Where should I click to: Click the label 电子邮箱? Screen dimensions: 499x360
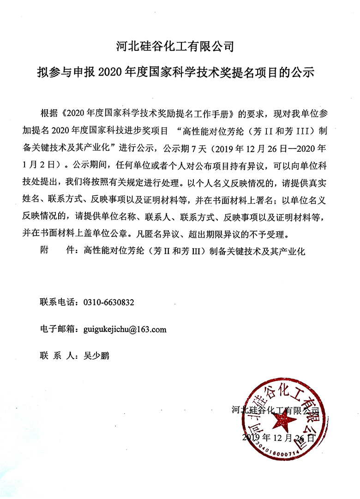pyautogui.click(x=58, y=330)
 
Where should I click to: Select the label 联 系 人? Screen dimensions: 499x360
pyautogui.click(x=58, y=356)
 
